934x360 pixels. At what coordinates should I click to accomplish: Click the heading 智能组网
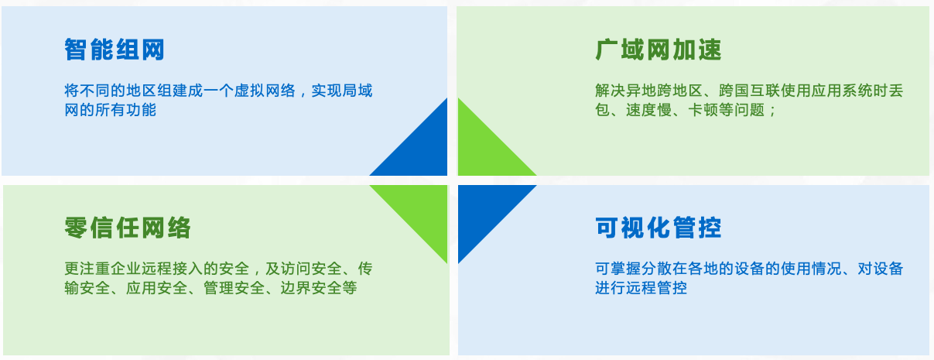point(115,50)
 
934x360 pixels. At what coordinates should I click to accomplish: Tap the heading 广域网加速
point(658,50)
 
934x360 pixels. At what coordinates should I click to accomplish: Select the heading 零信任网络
point(128,228)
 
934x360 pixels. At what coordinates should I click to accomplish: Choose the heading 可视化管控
point(658,228)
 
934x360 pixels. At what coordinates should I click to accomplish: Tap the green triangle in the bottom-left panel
point(422,211)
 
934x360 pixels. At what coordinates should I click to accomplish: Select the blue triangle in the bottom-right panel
point(484,211)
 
